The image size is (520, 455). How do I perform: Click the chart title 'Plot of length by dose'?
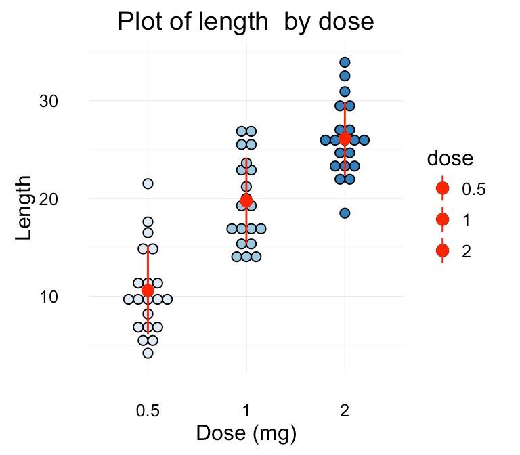[x=246, y=22]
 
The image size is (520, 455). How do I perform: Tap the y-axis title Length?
[x=24, y=208]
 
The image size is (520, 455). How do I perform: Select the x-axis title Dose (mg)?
[x=246, y=433]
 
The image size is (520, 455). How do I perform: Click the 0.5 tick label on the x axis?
[x=148, y=410]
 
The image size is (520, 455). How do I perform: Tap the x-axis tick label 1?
[x=246, y=410]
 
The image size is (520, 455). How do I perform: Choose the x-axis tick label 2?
[x=345, y=410]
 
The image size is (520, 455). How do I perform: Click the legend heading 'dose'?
[x=449, y=159]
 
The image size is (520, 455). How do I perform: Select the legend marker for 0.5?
[x=442, y=188]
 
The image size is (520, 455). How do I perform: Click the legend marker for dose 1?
[x=442, y=219]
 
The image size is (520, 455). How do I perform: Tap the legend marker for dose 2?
[x=442, y=251]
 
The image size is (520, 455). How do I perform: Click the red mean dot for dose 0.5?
[x=148, y=290]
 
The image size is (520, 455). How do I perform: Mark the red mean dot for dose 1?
[x=246, y=201]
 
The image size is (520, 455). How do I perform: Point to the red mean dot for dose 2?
[x=345, y=139]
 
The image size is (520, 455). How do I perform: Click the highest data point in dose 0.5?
[x=148, y=183]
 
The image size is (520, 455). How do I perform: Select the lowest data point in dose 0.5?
[x=148, y=353]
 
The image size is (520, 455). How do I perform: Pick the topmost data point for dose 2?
[x=345, y=62]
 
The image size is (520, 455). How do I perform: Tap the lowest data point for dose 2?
[x=345, y=213]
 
